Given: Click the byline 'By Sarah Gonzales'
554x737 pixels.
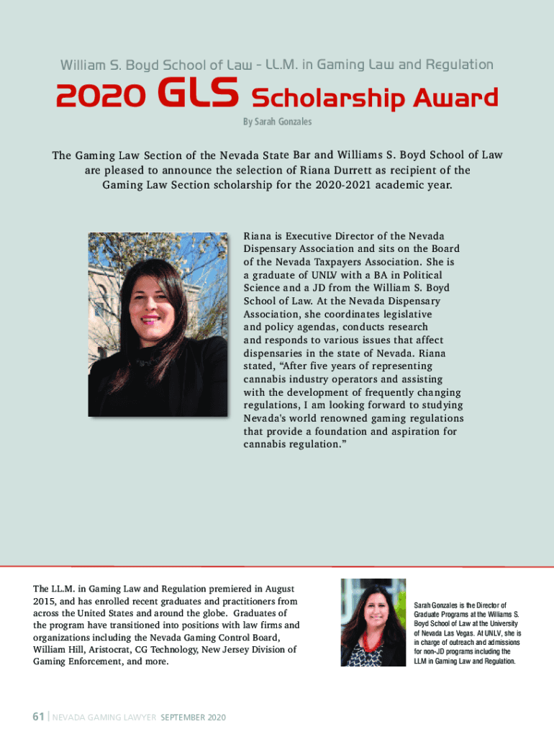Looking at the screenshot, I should point(277,122).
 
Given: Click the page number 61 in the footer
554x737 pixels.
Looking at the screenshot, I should point(37,717).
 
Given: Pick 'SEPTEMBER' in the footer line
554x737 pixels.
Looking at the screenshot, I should point(183,718).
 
